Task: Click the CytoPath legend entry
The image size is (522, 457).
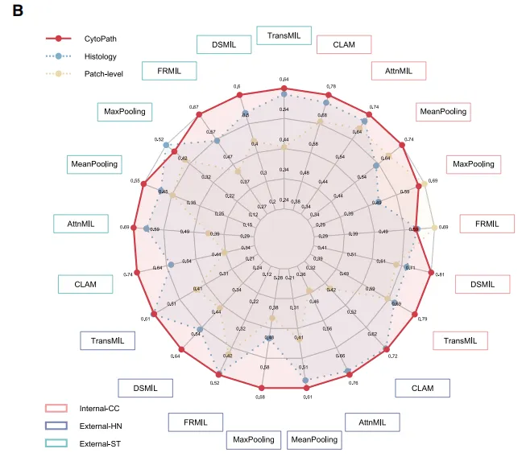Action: pyautogui.click(x=94, y=38)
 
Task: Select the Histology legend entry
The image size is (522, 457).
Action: pyautogui.click(x=94, y=56)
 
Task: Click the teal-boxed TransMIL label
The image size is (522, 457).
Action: pyautogui.click(x=284, y=35)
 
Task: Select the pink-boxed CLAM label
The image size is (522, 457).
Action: pyautogui.click(x=344, y=45)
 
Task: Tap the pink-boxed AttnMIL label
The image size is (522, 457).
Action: pyautogui.click(x=399, y=71)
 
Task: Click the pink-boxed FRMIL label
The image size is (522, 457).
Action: pyautogui.click(x=487, y=223)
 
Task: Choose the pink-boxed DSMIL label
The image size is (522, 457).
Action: pyautogui.click(x=483, y=284)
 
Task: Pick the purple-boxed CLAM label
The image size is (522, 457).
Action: pyautogui.click(x=422, y=388)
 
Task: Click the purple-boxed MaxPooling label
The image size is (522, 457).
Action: pyautogui.click(x=255, y=439)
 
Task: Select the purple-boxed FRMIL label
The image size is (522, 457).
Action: pyautogui.click(x=196, y=422)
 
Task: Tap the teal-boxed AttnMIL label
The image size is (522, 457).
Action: pyautogui.click(x=81, y=223)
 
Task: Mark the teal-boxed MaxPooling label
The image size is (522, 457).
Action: pyautogui.click(x=124, y=112)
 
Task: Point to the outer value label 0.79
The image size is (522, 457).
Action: pyautogui.click(x=422, y=319)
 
